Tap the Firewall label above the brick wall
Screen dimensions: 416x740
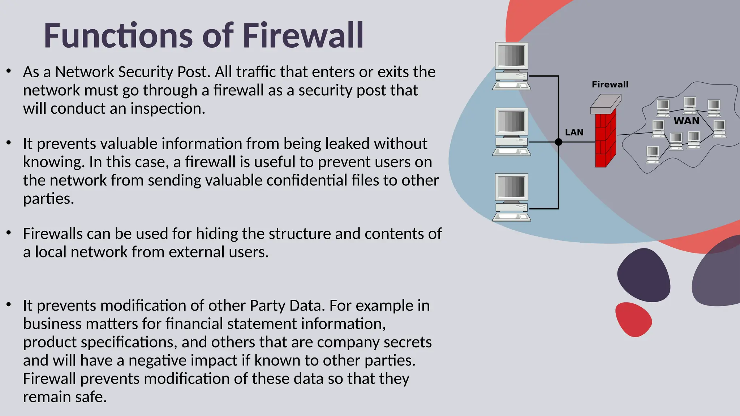click(x=610, y=84)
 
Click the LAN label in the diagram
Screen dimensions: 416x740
click(x=574, y=133)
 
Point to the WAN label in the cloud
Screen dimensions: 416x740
click(x=687, y=121)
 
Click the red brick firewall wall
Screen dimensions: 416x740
click(x=605, y=139)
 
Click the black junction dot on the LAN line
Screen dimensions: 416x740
click(x=559, y=142)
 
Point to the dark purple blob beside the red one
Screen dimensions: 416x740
click(x=644, y=275)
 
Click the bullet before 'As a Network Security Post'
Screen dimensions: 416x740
click(x=9, y=71)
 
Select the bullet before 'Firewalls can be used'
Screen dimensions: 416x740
click(x=9, y=233)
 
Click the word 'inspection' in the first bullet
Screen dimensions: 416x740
click(x=168, y=109)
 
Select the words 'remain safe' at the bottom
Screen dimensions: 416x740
click(x=65, y=397)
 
